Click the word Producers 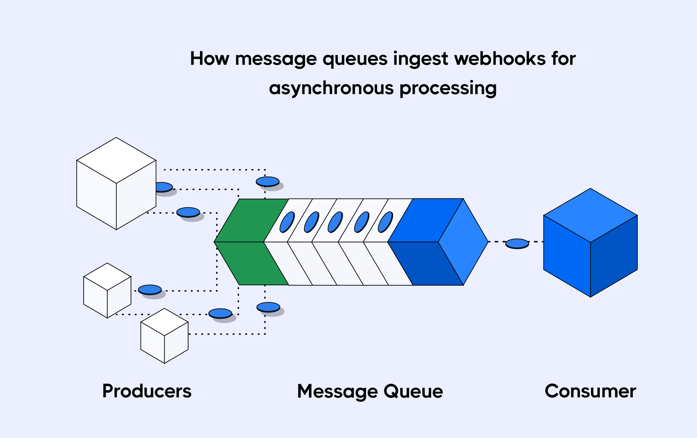point(147,391)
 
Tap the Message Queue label point(370,391)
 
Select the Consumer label point(590,391)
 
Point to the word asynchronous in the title point(331,88)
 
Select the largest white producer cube point(116,184)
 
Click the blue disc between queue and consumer point(517,243)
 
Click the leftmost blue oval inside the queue point(287,222)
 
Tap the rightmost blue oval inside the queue point(385,222)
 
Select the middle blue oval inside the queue point(335,222)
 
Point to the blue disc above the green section point(268,181)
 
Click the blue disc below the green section point(268,307)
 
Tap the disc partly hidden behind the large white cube point(164,187)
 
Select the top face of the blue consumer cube point(590,215)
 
